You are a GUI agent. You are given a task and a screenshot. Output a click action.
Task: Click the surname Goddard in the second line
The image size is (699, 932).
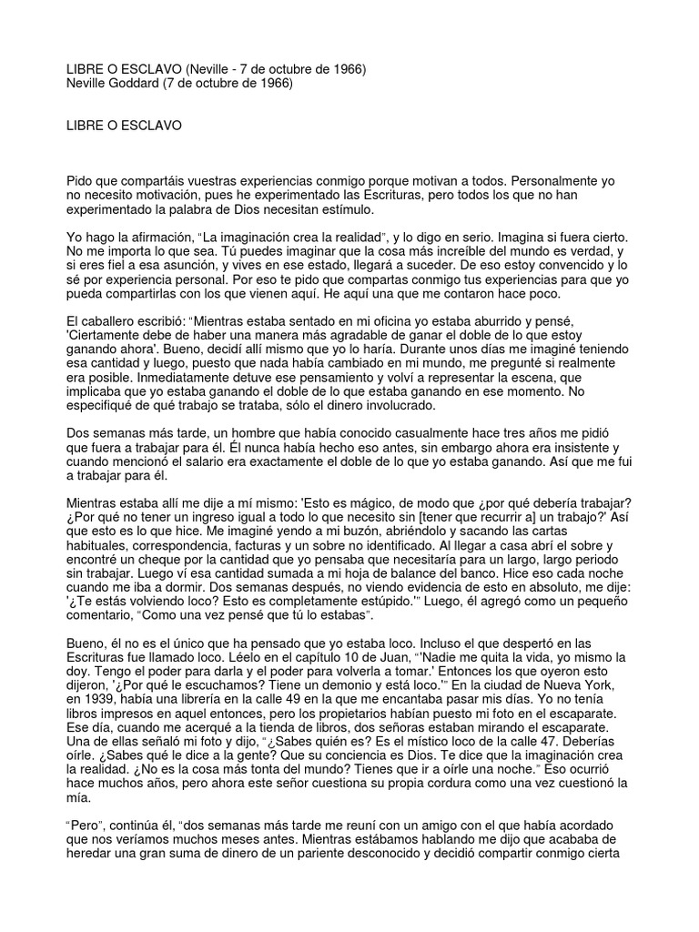[141, 83]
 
